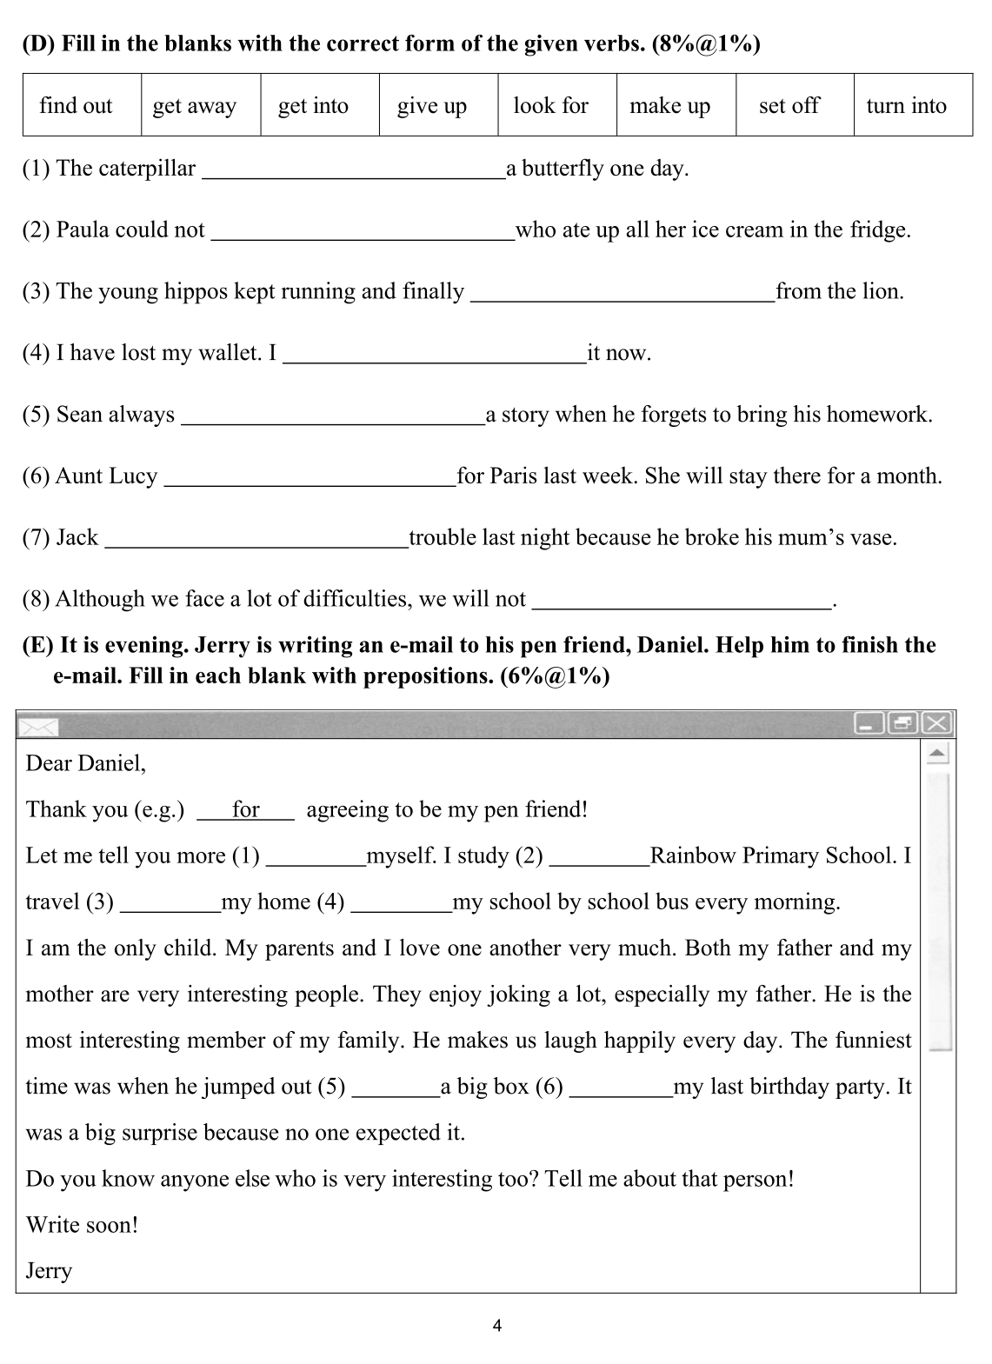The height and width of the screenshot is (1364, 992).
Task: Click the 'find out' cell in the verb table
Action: pos(76,105)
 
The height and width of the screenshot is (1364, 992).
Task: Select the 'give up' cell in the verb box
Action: pos(432,105)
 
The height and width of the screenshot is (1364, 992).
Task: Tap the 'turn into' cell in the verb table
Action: pos(906,105)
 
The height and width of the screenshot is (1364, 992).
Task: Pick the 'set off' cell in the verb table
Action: pos(789,105)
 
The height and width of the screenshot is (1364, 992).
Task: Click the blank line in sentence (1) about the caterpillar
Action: pos(353,172)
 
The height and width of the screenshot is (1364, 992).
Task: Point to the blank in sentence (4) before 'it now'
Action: pos(435,356)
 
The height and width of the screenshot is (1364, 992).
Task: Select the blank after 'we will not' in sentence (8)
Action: pos(682,603)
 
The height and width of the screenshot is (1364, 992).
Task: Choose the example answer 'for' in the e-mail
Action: pos(246,810)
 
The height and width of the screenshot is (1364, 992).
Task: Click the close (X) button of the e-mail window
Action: pos(937,723)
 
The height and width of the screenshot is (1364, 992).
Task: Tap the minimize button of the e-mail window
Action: pos(869,723)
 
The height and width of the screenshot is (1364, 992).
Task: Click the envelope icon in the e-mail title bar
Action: pos(39,727)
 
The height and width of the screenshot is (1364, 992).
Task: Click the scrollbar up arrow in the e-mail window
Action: pos(937,752)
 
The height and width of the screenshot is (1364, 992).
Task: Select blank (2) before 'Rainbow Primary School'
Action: pos(599,859)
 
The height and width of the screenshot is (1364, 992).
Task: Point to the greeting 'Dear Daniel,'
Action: pos(86,763)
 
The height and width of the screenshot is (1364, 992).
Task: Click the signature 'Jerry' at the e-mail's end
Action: pos(49,1271)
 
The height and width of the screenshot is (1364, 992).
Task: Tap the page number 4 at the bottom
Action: pos(496,1327)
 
